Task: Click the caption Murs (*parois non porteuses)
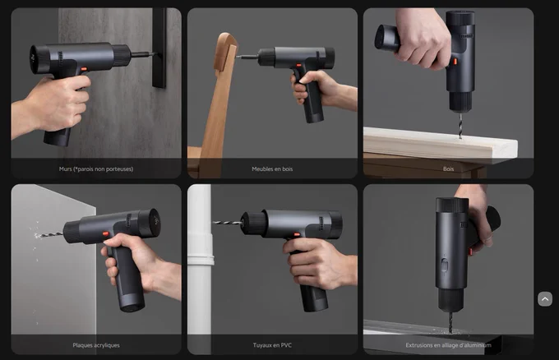[x=96, y=169]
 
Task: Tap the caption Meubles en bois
[x=272, y=169]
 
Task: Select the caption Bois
[x=448, y=169]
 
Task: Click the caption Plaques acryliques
[x=96, y=345]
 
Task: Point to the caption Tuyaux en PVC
[x=272, y=345]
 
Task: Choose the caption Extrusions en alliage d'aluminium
[x=448, y=345]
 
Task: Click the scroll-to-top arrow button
[x=545, y=299]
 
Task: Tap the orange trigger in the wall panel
[x=84, y=69]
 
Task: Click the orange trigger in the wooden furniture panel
[x=298, y=66]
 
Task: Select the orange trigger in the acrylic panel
[x=106, y=233]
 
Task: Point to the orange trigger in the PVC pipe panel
[x=297, y=234]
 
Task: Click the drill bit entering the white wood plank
[x=460, y=125]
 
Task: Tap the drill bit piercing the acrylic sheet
[x=49, y=234]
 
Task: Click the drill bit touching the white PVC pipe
[x=227, y=223]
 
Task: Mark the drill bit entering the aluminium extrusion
[x=450, y=322]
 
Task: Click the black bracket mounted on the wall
[x=159, y=48]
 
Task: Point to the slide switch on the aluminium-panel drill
[x=445, y=265]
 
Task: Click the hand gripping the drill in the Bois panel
[x=421, y=38]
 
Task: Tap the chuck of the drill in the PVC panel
[x=254, y=224]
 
